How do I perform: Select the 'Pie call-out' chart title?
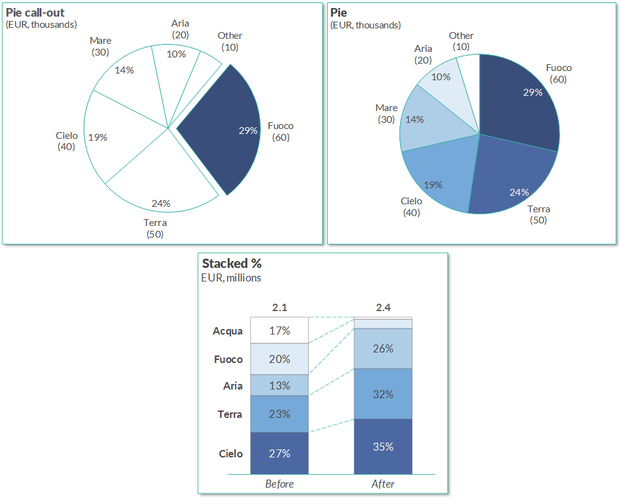pos(35,12)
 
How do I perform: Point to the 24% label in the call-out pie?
pos(161,203)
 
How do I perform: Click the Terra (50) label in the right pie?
pos(539,214)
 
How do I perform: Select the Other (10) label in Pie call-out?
pos(229,41)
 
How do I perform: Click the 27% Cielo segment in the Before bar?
pos(279,454)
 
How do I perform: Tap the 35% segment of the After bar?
pos(383,446)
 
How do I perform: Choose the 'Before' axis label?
pos(279,484)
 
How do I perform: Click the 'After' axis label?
pos(383,484)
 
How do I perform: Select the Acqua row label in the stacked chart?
pos(228,331)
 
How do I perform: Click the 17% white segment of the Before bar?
pos(279,331)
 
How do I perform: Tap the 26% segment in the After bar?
pos(383,349)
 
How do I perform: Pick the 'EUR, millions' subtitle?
pos(231,278)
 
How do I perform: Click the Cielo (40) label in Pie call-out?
pos(66,141)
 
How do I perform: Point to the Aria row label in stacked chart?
pos(232,386)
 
